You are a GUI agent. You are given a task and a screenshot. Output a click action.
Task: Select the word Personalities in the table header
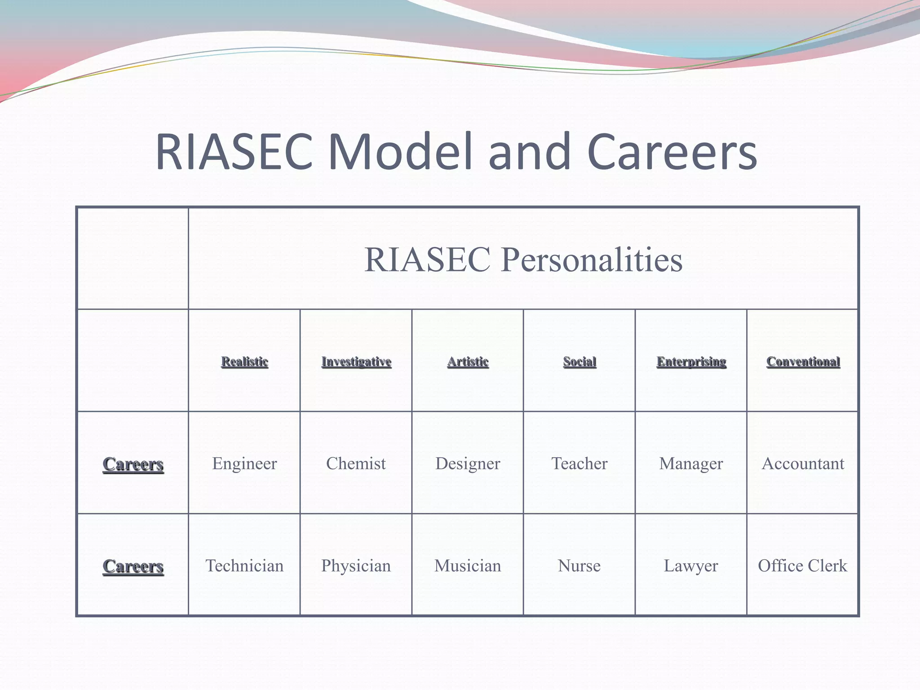[592, 260]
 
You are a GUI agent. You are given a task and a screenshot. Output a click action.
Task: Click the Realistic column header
[244, 362]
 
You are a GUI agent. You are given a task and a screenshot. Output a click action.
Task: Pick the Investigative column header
[356, 362]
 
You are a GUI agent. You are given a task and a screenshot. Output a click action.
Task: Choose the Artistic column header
[468, 362]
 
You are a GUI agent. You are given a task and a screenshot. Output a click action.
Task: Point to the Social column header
[579, 362]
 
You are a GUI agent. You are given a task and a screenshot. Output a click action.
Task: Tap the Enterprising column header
[691, 362]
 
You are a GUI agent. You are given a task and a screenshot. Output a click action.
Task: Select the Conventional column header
[803, 362]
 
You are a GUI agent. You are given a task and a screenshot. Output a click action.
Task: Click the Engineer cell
[244, 463]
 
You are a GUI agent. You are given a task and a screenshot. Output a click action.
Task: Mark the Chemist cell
[356, 463]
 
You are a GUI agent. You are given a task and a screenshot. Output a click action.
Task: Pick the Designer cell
[468, 463]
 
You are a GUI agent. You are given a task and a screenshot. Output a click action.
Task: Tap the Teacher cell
[579, 463]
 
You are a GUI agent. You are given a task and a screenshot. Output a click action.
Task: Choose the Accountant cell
[803, 463]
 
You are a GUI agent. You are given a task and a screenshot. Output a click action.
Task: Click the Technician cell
[244, 566]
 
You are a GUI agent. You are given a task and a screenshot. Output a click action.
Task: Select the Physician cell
[356, 566]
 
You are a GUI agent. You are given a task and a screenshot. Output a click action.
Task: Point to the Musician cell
[468, 566]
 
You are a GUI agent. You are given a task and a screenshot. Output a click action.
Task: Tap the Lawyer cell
[691, 566]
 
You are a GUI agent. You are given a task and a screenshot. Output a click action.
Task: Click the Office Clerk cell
[802, 566]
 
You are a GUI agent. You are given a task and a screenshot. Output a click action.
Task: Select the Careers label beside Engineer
[133, 464]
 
